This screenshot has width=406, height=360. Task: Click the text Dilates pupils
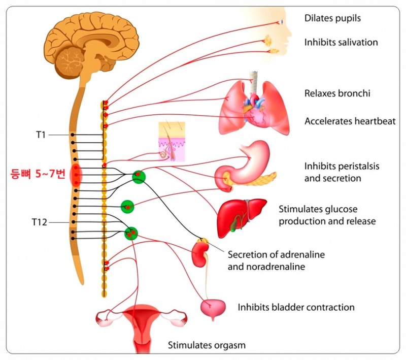(x=332, y=18)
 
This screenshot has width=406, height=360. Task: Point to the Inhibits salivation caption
(x=341, y=42)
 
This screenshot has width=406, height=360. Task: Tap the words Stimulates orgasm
(x=207, y=345)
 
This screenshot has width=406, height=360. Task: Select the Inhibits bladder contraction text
(x=296, y=307)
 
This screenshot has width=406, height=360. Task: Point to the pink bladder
(x=213, y=308)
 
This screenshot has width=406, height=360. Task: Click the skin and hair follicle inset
(x=171, y=142)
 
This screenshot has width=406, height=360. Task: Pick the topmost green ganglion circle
(x=139, y=176)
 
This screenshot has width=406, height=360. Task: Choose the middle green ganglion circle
(x=127, y=207)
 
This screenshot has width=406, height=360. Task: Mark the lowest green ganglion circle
(x=131, y=233)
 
